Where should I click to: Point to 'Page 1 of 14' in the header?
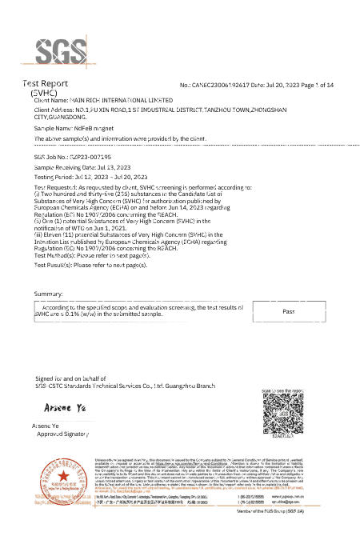315,85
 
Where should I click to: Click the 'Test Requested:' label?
54,188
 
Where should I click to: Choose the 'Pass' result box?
290,310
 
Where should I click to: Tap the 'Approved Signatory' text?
63,433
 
